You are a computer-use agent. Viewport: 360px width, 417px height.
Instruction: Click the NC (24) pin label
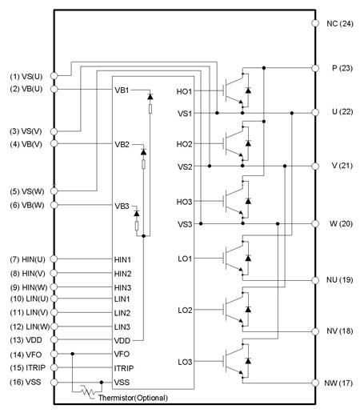pos(340,24)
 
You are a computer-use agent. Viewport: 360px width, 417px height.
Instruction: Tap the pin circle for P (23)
pos(315,68)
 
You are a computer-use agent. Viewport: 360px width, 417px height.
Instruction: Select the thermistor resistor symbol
pos(88,391)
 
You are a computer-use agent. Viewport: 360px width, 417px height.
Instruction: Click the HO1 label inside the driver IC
pos(184,91)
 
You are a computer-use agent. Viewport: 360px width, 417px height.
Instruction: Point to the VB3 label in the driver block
pos(122,206)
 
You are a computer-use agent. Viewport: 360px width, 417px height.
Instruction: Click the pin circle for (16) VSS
pos(54,383)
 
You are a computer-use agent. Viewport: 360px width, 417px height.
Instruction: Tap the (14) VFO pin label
pos(26,355)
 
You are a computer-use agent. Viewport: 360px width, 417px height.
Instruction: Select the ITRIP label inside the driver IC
pos(124,368)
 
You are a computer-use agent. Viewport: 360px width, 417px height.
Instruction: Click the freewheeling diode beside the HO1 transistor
pos(248,90)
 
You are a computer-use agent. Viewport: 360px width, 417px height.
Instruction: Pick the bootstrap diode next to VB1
pos(150,97)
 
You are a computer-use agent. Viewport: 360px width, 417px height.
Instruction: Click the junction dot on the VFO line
pos(72,354)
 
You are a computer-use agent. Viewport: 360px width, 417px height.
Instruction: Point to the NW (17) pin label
pos(338,383)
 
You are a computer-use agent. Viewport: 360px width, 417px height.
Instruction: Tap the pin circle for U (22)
pos(315,113)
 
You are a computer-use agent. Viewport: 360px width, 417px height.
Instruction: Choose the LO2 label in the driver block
pos(185,311)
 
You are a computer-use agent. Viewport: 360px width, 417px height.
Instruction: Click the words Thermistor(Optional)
pos(133,398)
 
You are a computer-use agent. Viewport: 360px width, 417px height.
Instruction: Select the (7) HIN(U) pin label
pos(27,259)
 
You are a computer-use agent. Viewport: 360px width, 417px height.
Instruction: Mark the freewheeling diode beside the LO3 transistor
pos(248,361)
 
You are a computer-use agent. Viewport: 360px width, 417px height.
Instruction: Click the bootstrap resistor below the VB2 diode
pos(143,164)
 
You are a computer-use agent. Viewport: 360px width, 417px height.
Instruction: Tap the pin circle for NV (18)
pos(315,331)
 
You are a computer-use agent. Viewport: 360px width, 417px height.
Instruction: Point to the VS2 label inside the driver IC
pos(185,167)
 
